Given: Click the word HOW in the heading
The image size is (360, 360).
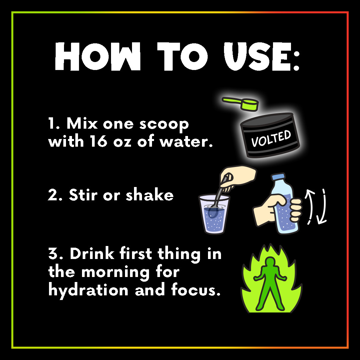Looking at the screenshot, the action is point(98,56).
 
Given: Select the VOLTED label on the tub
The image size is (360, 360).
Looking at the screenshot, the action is point(271,138).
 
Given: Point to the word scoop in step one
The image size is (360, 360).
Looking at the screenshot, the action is point(164,125).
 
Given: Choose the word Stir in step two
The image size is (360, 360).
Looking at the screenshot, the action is point(83,195).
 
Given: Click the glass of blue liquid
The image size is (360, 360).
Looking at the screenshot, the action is point(214,214).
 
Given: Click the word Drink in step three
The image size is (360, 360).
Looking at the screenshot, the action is point(92,254).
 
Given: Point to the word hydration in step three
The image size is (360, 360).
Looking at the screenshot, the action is point(88,291).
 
